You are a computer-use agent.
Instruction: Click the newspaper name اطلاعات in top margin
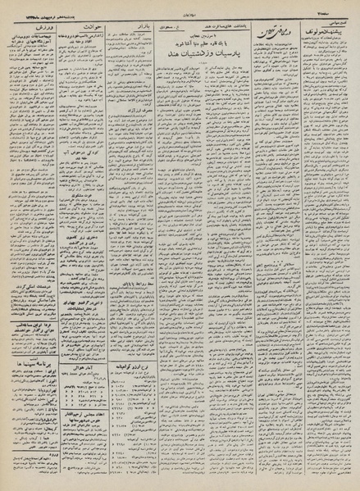coord(179,8)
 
